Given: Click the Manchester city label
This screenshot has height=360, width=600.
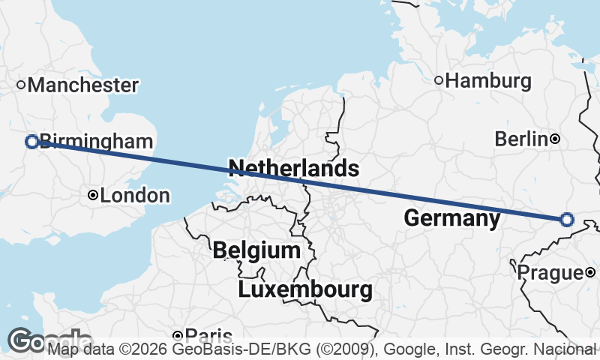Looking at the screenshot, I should pos(83,85).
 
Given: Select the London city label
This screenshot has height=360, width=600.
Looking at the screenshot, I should pos(135,196).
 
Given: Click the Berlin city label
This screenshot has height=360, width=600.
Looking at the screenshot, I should pos(521,139).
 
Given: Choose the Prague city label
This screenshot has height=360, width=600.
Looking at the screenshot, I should pos(550,272).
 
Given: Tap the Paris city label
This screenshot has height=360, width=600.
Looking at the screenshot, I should pos(208,335).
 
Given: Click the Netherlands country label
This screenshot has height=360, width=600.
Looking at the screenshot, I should pos(293,168).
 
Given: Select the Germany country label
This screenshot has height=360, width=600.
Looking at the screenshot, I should pos(451,219).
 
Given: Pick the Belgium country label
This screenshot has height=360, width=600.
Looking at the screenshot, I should pos(256,250).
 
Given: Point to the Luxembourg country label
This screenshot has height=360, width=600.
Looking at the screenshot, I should pos(305,289).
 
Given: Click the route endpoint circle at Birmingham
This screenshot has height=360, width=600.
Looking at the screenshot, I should pos(32,141).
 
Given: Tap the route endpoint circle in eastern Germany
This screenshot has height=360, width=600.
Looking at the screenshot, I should pos(566,220).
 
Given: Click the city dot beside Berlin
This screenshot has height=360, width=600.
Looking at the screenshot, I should pos(554,139).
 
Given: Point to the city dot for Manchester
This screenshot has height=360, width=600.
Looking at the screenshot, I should pos(22,85).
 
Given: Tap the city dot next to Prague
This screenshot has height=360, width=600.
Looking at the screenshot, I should pos(590,272).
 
